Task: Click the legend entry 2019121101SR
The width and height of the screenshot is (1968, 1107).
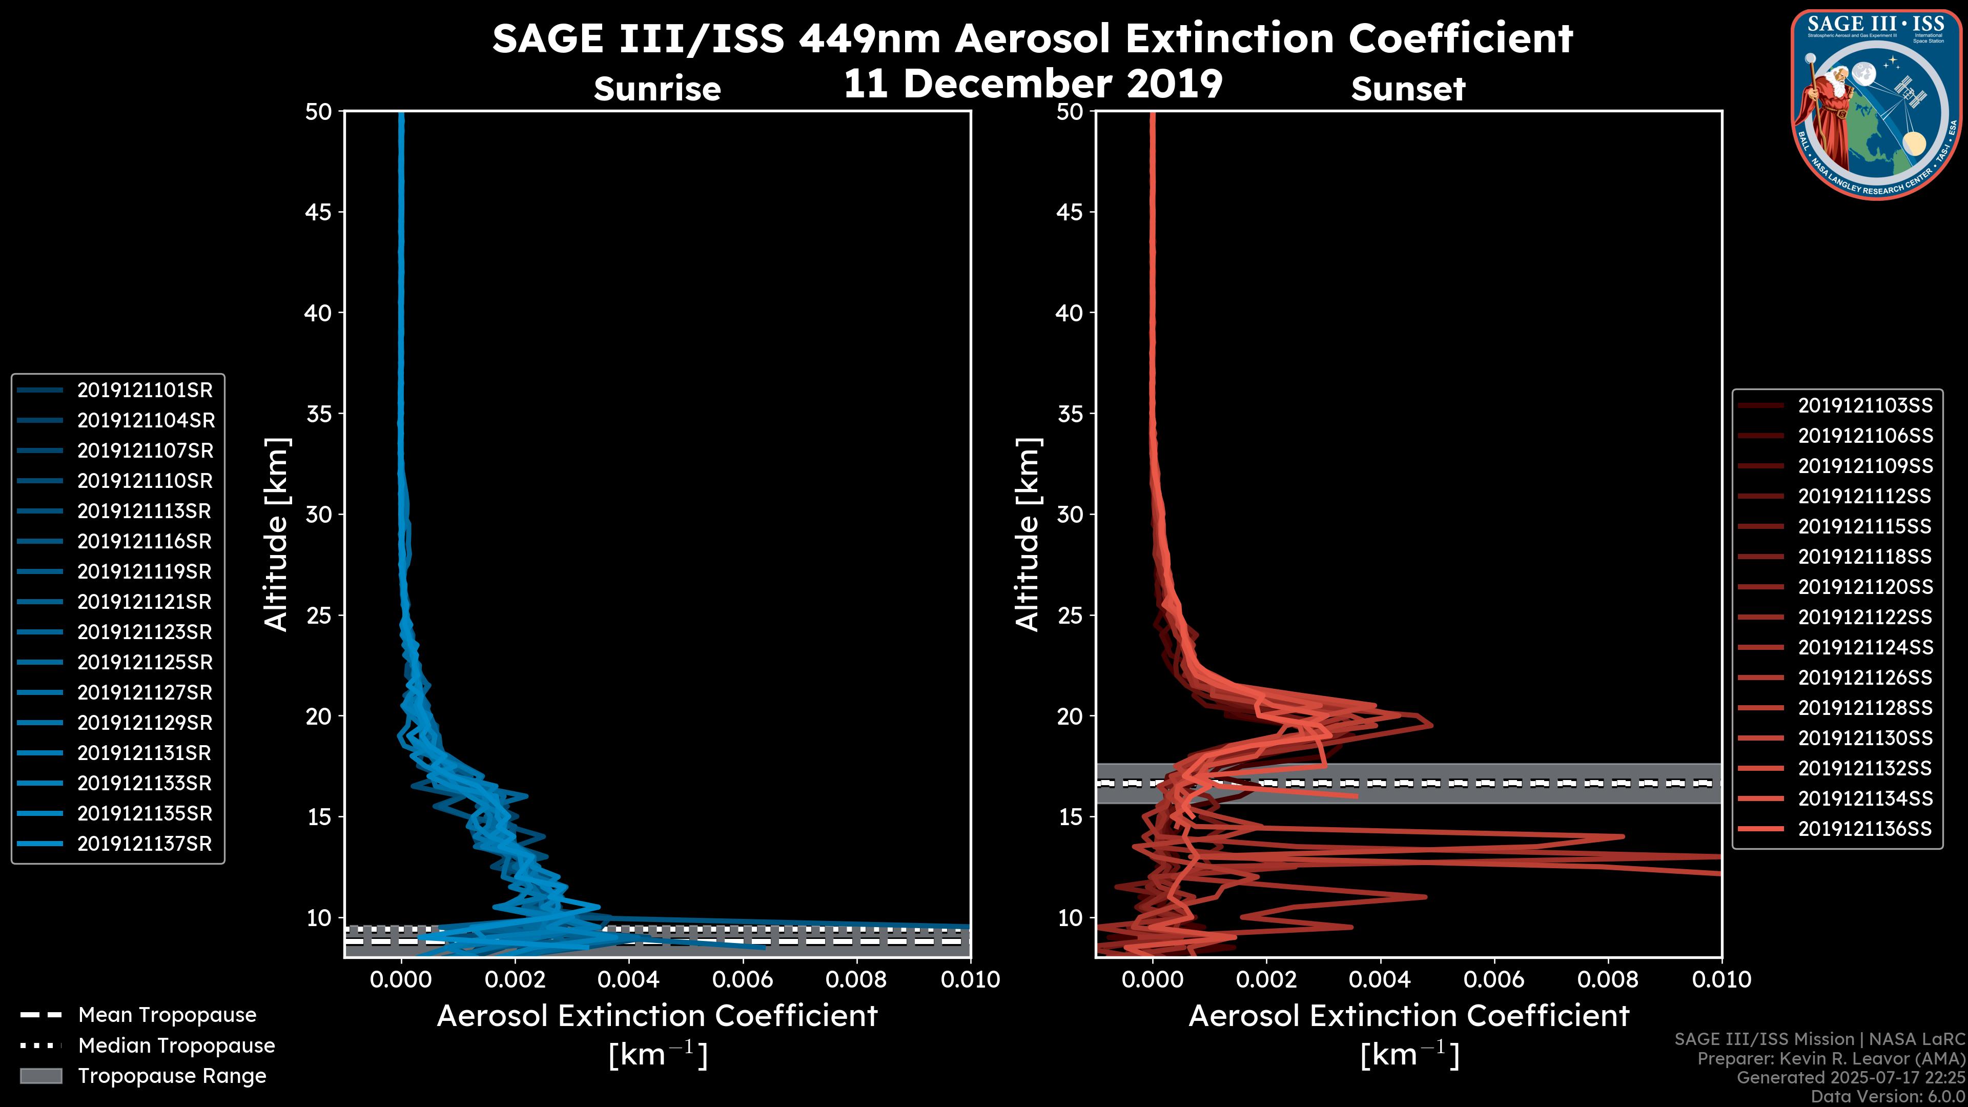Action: pos(145,391)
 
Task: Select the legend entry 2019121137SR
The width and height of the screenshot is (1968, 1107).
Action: pos(145,844)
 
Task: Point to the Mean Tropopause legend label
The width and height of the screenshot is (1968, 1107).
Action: pos(167,1015)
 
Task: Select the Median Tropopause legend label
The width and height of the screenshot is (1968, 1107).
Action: pos(176,1046)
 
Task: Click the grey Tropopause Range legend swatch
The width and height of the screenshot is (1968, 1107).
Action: pos(41,1076)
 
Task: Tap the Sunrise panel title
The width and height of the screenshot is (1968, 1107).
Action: pos(657,89)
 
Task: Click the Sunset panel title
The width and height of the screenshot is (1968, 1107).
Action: pos(1408,89)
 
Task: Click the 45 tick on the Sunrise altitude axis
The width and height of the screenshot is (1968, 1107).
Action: pos(319,212)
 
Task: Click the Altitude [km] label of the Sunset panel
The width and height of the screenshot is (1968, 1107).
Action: pos(1028,535)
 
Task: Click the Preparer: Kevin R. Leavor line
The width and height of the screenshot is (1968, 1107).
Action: pos(1831,1059)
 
